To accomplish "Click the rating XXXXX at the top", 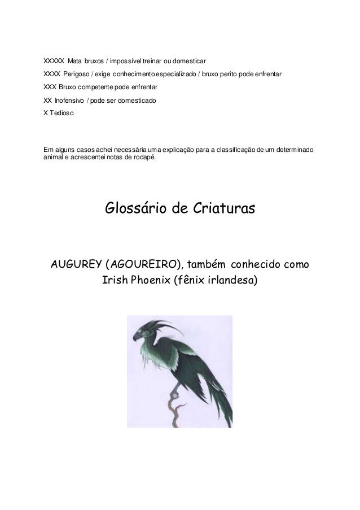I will click(x=54, y=60).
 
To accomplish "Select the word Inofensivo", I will click(x=69, y=100).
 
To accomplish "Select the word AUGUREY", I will click(x=76, y=264).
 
